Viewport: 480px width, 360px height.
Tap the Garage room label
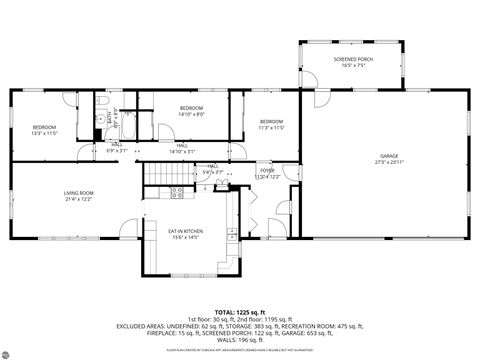[x=387, y=157]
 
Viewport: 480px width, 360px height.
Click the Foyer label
[x=267, y=171]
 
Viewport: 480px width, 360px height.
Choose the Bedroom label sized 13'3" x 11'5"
[x=43, y=127]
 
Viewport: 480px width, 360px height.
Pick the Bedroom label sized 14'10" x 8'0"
[x=191, y=107]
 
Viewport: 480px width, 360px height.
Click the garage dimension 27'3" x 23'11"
[x=387, y=163]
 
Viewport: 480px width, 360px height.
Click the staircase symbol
[x=155, y=177]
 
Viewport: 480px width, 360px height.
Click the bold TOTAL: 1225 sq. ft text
[x=241, y=312]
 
